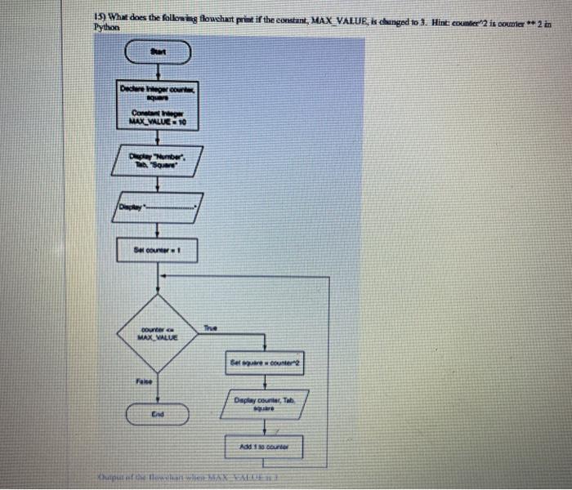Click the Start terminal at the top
tap(157, 54)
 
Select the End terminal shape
tap(157, 414)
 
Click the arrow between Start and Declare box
tap(157, 71)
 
